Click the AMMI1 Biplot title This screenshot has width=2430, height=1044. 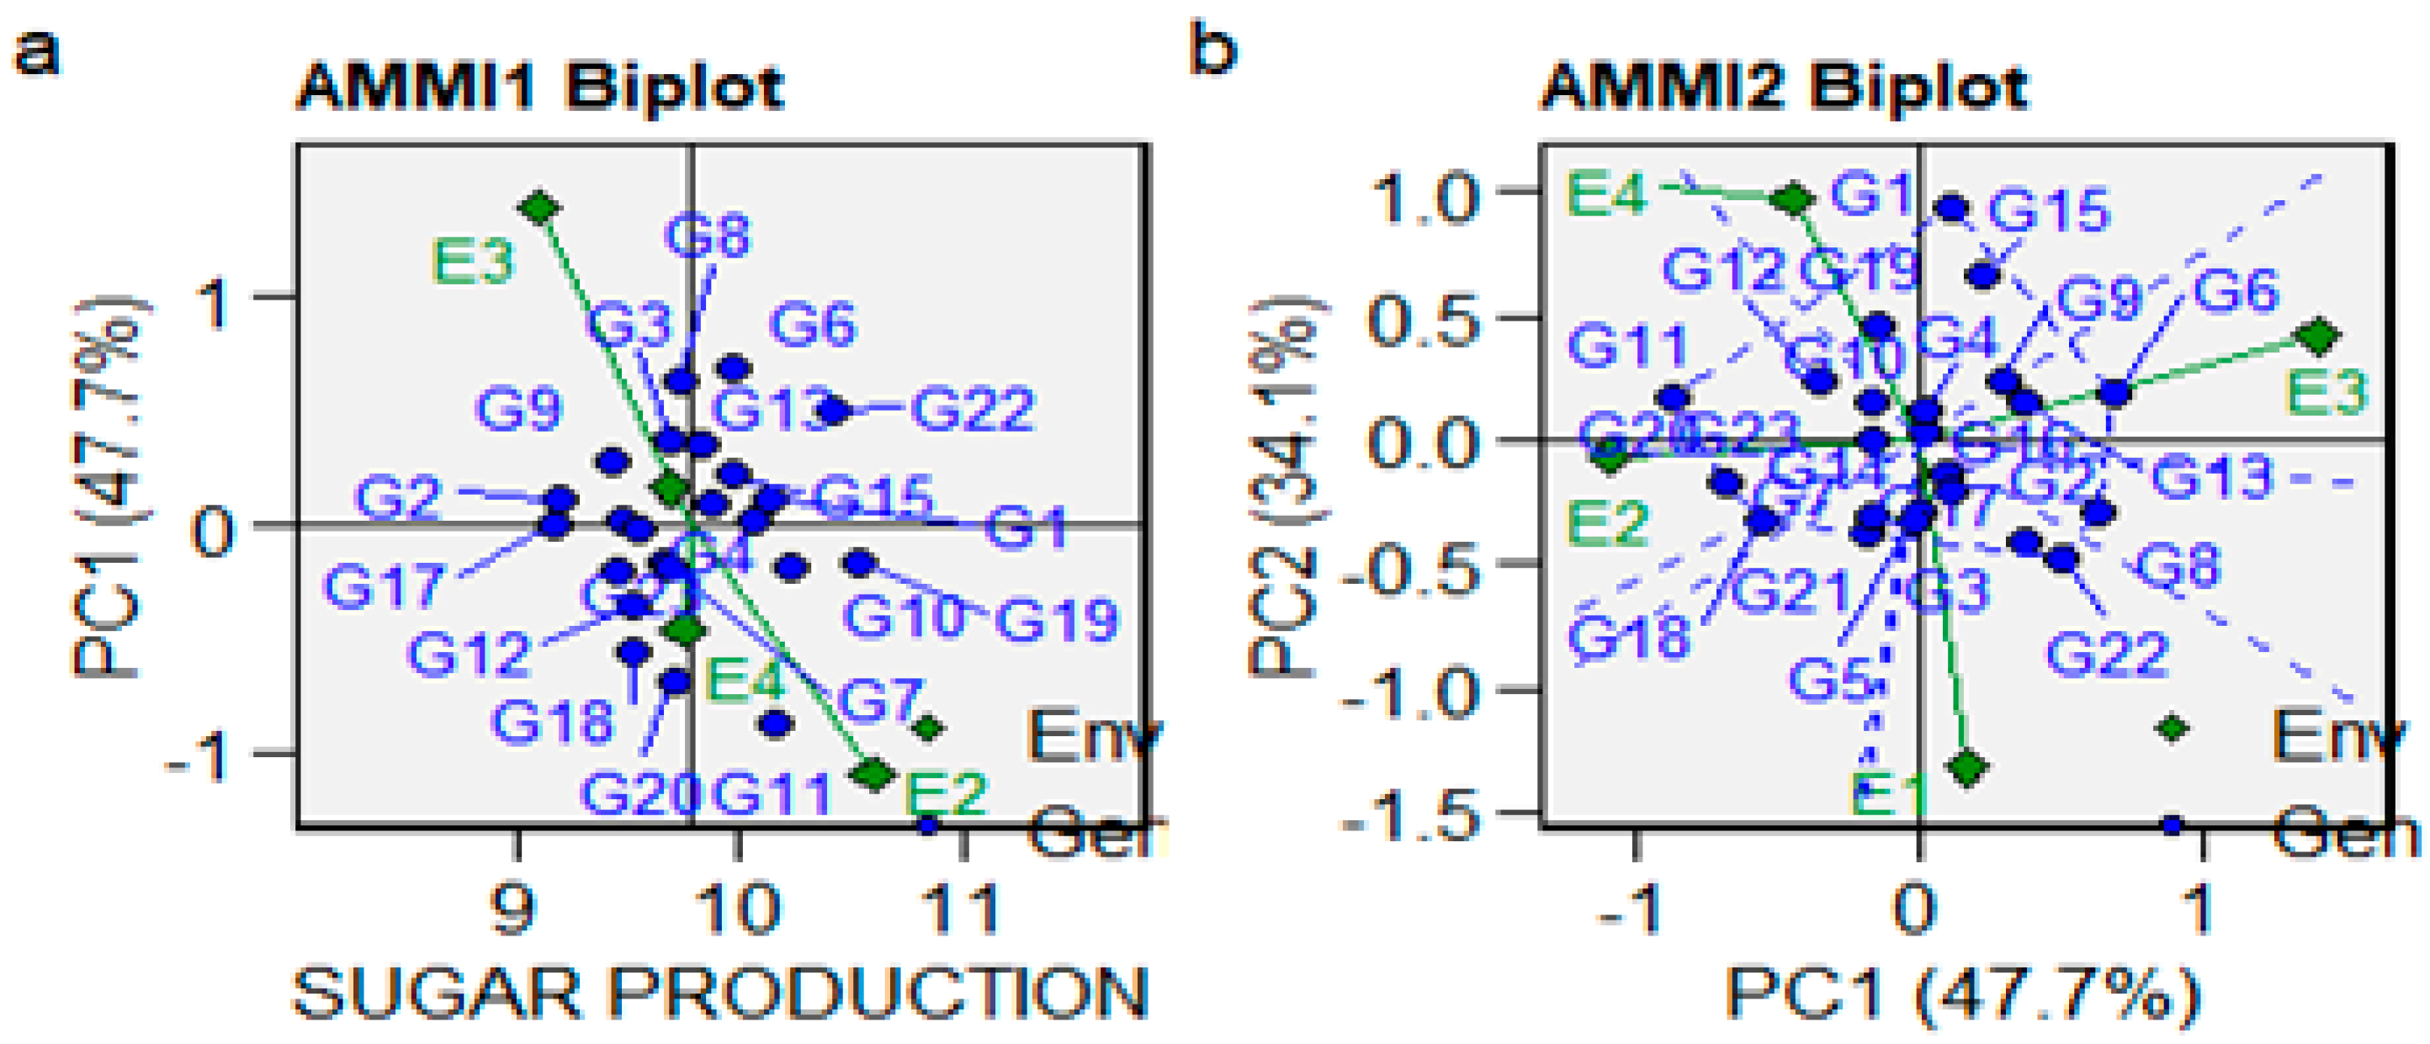tap(539, 87)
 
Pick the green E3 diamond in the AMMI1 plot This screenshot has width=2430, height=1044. tap(540, 207)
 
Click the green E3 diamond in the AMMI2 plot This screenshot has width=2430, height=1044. tap(2319, 335)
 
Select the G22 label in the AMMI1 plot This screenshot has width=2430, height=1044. tap(973, 411)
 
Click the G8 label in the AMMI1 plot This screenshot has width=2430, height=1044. tap(707, 235)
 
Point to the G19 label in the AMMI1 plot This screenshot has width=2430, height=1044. tap(1057, 620)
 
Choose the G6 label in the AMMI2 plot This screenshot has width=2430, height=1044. tap(2235, 291)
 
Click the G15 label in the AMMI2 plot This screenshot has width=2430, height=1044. tap(2048, 210)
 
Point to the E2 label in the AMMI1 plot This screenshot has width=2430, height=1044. tap(945, 793)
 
